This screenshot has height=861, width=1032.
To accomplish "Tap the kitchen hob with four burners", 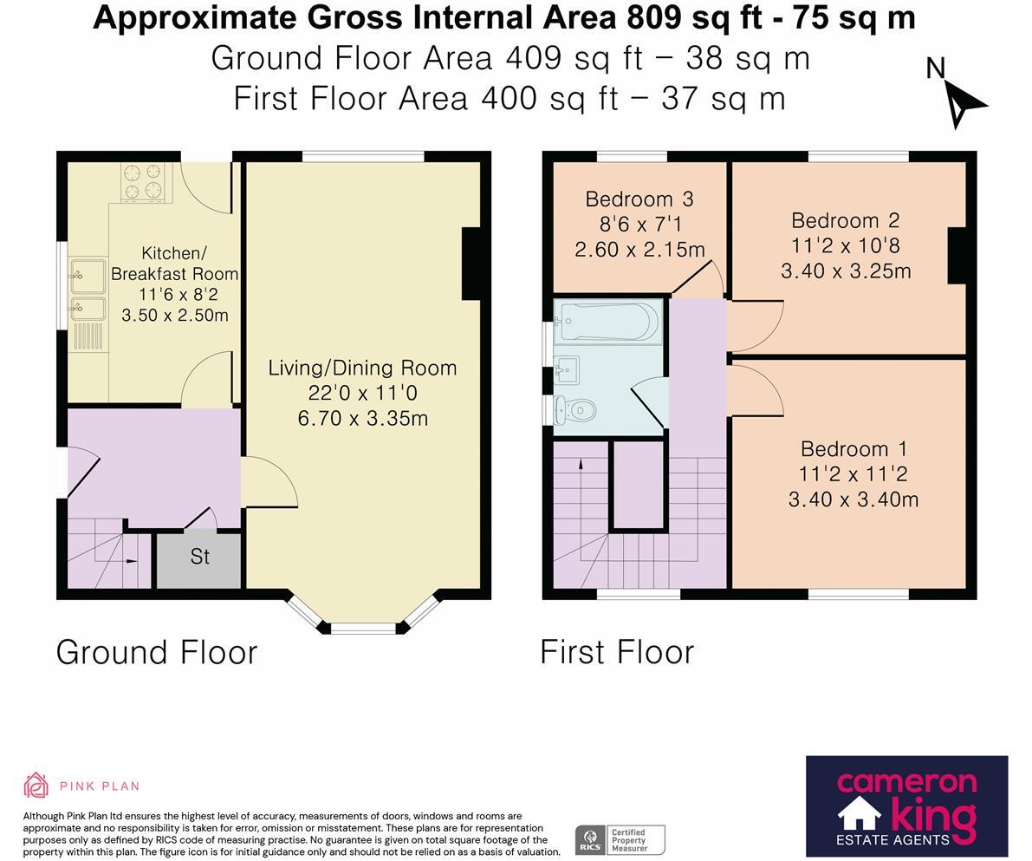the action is coord(142,181).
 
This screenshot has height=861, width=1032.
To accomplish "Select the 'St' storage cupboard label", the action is coord(200,557).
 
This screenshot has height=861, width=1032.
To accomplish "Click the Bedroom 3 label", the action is coord(639,199).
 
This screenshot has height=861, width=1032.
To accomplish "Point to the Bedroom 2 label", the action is coord(846,220).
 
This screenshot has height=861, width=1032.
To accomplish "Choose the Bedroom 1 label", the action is coord(854,448).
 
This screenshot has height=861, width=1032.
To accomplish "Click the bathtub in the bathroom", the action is coord(607,322).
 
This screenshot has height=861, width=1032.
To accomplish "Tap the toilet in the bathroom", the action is coord(575,410).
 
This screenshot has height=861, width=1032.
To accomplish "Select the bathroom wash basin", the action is coord(567,369).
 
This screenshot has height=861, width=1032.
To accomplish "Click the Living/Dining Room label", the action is coord(362,368).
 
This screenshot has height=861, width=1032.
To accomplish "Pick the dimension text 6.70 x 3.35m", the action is coord(363,418).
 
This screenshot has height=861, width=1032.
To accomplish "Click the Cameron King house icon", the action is coord(859,813).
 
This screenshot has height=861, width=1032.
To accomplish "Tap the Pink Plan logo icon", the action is coord(36,785).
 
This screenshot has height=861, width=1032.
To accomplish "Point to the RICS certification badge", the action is coord(620,840).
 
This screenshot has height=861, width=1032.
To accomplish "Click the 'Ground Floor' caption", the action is coord(157,652).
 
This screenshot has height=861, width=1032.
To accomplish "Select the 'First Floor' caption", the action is coord(617,652).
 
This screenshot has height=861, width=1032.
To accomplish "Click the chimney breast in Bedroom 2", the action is coord(957,256).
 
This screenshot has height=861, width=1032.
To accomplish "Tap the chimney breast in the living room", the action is coord(472,264).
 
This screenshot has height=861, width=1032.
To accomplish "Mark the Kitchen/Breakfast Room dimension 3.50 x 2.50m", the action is coord(175,315).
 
